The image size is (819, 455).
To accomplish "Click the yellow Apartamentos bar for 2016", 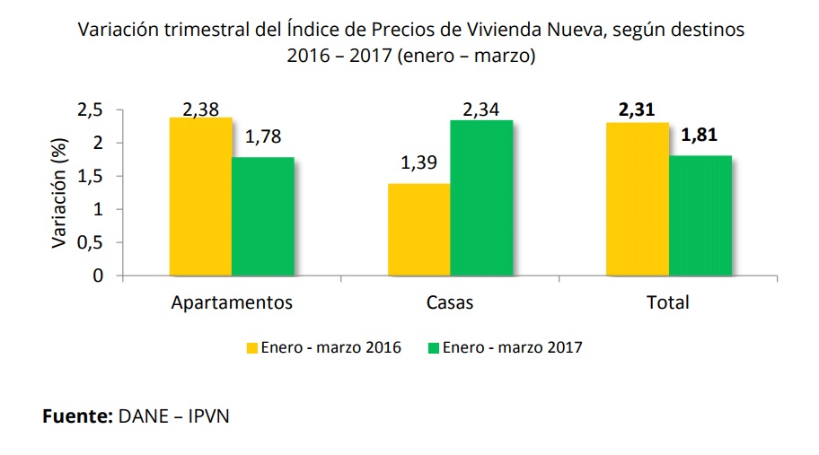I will pos(200,197).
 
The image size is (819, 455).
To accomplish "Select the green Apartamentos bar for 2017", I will pos(262,216).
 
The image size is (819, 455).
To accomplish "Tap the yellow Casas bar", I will pos(418,229).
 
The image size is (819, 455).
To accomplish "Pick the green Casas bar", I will pos(481,197).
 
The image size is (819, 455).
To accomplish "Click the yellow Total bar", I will pos(638,198).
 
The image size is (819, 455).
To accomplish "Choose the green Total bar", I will pos(700,215).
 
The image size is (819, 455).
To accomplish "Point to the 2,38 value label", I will pos(201,109).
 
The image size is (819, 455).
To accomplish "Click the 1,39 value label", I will pos(418,164).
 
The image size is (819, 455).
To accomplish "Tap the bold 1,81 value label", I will pos(700,136).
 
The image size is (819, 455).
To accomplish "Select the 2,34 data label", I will pos(482,109).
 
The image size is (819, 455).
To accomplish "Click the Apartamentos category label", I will pos(232,302).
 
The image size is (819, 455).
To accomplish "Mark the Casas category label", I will pos(449,302).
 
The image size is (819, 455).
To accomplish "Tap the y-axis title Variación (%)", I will pos(59,193).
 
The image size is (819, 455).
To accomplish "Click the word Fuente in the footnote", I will pos(76,417).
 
